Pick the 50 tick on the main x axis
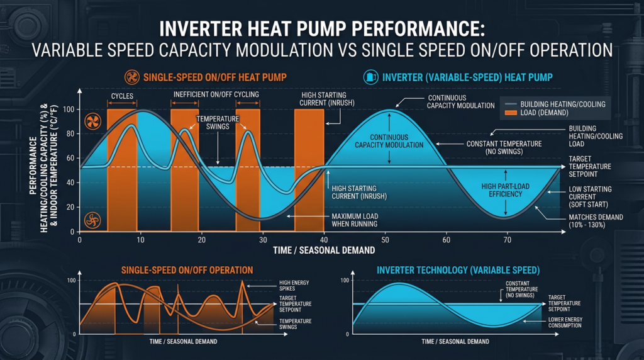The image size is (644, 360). click(x=385, y=240)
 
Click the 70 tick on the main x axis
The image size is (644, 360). click(x=507, y=240)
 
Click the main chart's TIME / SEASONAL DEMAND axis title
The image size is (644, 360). click(x=324, y=250)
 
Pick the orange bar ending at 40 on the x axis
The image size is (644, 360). click(x=309, y=170)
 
